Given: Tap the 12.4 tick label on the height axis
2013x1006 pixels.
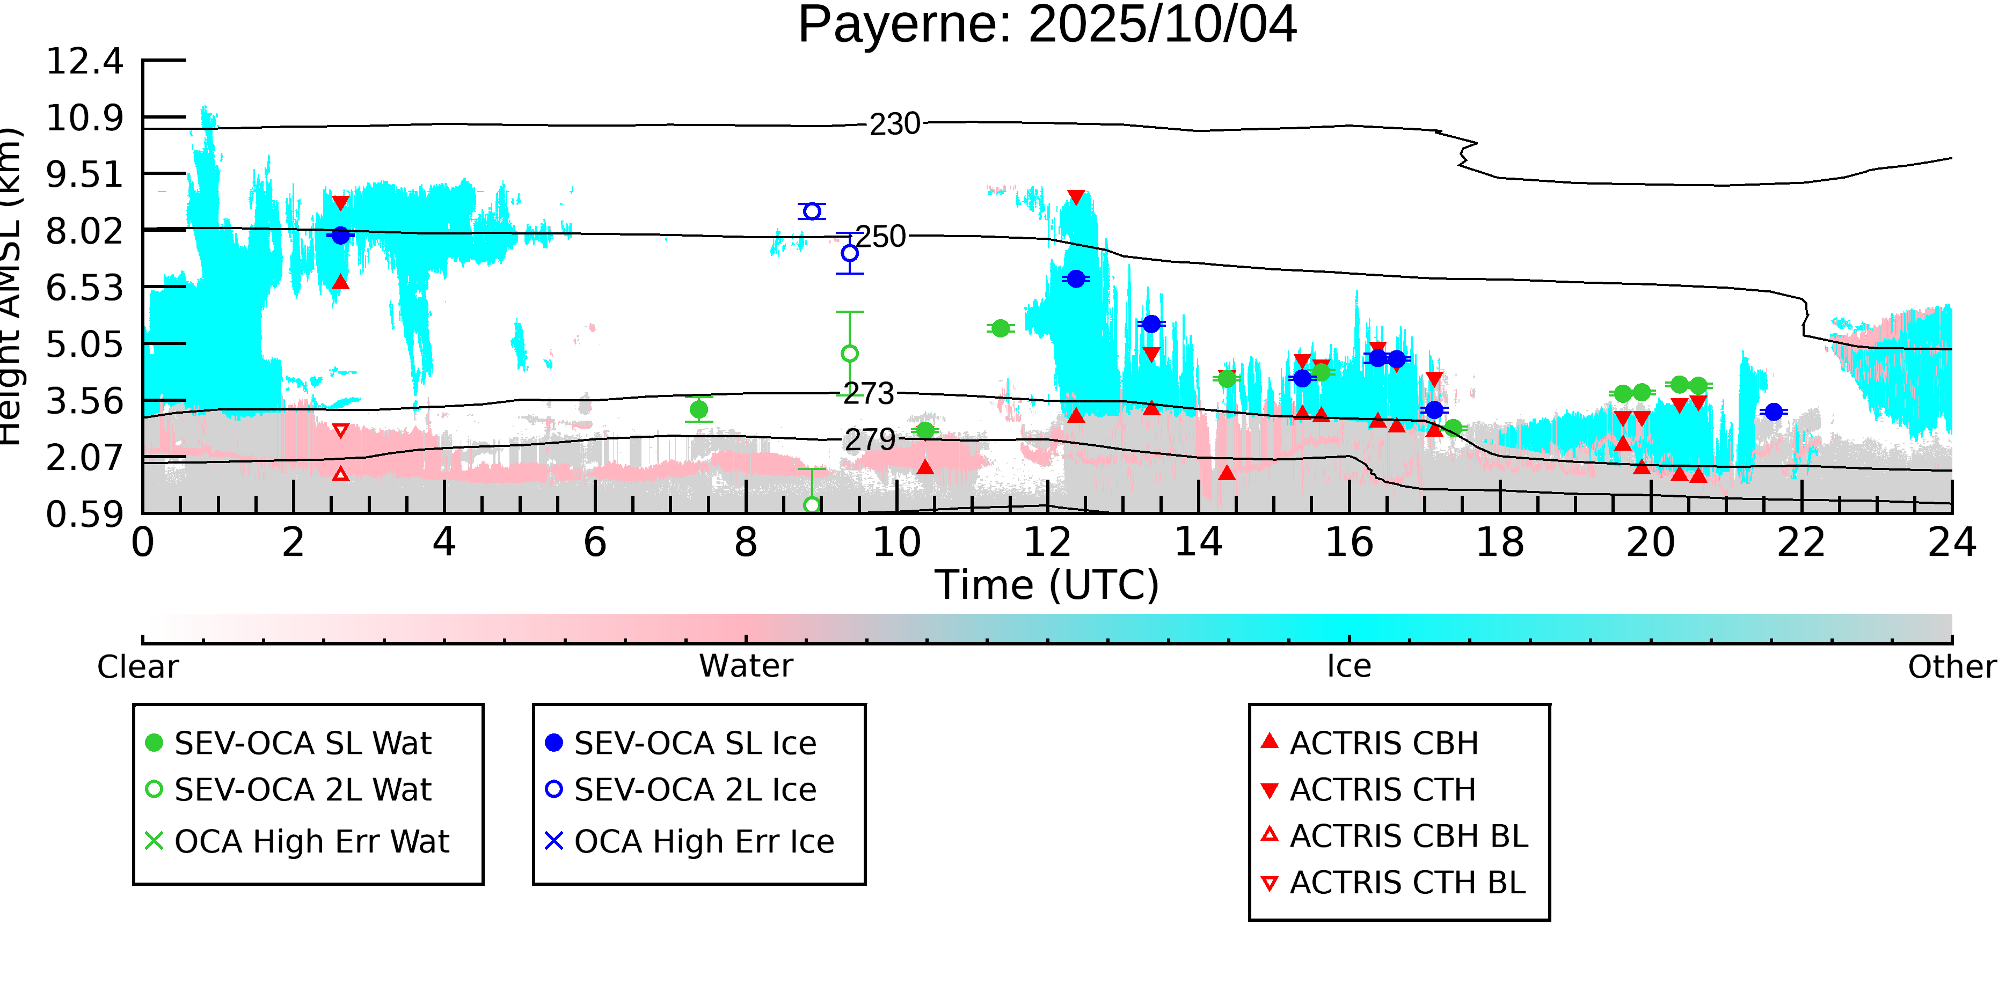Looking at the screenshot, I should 84,62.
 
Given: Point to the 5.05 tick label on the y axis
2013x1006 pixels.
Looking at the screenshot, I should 84,344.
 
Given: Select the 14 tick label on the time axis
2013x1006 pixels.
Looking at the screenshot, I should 1198,542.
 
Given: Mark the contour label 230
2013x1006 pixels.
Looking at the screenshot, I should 895,124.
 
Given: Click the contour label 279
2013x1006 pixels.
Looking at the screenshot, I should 870,440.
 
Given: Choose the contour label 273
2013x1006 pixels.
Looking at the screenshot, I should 868,394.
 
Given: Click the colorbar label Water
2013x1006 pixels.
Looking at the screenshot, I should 746,666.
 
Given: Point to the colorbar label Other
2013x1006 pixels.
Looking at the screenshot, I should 1951,667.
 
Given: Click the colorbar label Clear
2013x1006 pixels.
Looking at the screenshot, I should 137,667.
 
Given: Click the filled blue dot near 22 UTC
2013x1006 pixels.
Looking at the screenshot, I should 1774,412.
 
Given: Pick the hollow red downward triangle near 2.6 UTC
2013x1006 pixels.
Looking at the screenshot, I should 341,430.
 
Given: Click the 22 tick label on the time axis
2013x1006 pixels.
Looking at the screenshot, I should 1801,542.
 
